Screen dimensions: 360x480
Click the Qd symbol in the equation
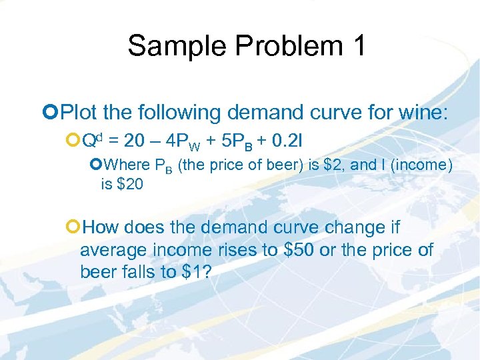pos(92,139)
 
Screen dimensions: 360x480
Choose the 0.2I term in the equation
pos(286,140)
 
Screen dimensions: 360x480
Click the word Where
pos(127,165)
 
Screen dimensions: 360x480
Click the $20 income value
pos(129,184)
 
